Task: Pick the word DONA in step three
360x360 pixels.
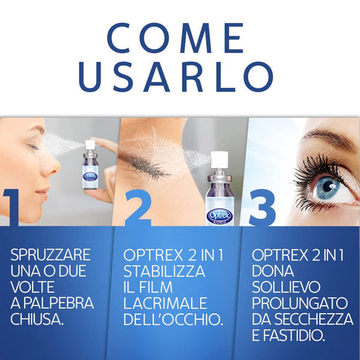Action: (269, 271)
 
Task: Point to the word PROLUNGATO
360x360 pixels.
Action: (296, 303)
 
